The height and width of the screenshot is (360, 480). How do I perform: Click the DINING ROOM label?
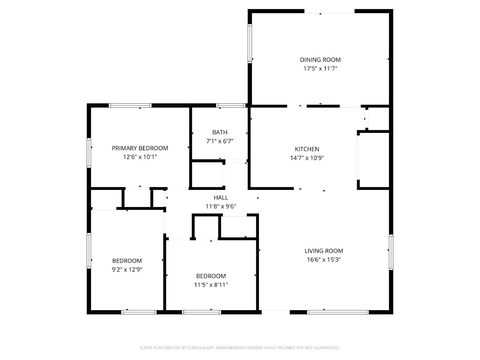(x=320, y=60)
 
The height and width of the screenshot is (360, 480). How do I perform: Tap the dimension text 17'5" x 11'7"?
(x=320, y=68)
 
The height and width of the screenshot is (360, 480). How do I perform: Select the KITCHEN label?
(x=307, y=149)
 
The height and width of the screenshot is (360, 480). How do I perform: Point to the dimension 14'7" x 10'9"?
(x=307, y=158)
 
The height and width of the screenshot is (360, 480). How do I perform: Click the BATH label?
(x=220, y=132)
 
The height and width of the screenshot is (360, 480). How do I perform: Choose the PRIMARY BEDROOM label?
(x=140, y=148)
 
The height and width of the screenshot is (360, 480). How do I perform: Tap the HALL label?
(x=221, y=198)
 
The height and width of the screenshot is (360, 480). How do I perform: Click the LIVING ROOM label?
(x=324, y=251)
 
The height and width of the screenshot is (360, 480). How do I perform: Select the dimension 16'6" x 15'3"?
(x=324, y=259)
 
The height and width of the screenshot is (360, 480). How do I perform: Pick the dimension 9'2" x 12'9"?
(x=127, y=269)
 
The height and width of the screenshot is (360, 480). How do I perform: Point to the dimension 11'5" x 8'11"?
(x=211, y=285)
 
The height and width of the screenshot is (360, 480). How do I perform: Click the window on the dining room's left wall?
(x=250, y=43)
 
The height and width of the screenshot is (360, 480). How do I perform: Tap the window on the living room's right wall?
(x=391, y=252)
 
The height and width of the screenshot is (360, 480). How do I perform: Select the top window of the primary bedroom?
(x=130, y=105)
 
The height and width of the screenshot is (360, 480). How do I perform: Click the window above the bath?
(x=231, y=105)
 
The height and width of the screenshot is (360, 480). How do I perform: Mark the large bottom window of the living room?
(x=338, y=312)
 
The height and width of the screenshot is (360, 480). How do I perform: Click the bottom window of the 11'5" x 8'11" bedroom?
(x=201, y=312)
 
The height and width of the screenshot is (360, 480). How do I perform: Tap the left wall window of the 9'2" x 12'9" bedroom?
(x=89, y=250)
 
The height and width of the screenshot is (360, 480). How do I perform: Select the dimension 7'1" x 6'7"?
(x=220, y=141)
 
